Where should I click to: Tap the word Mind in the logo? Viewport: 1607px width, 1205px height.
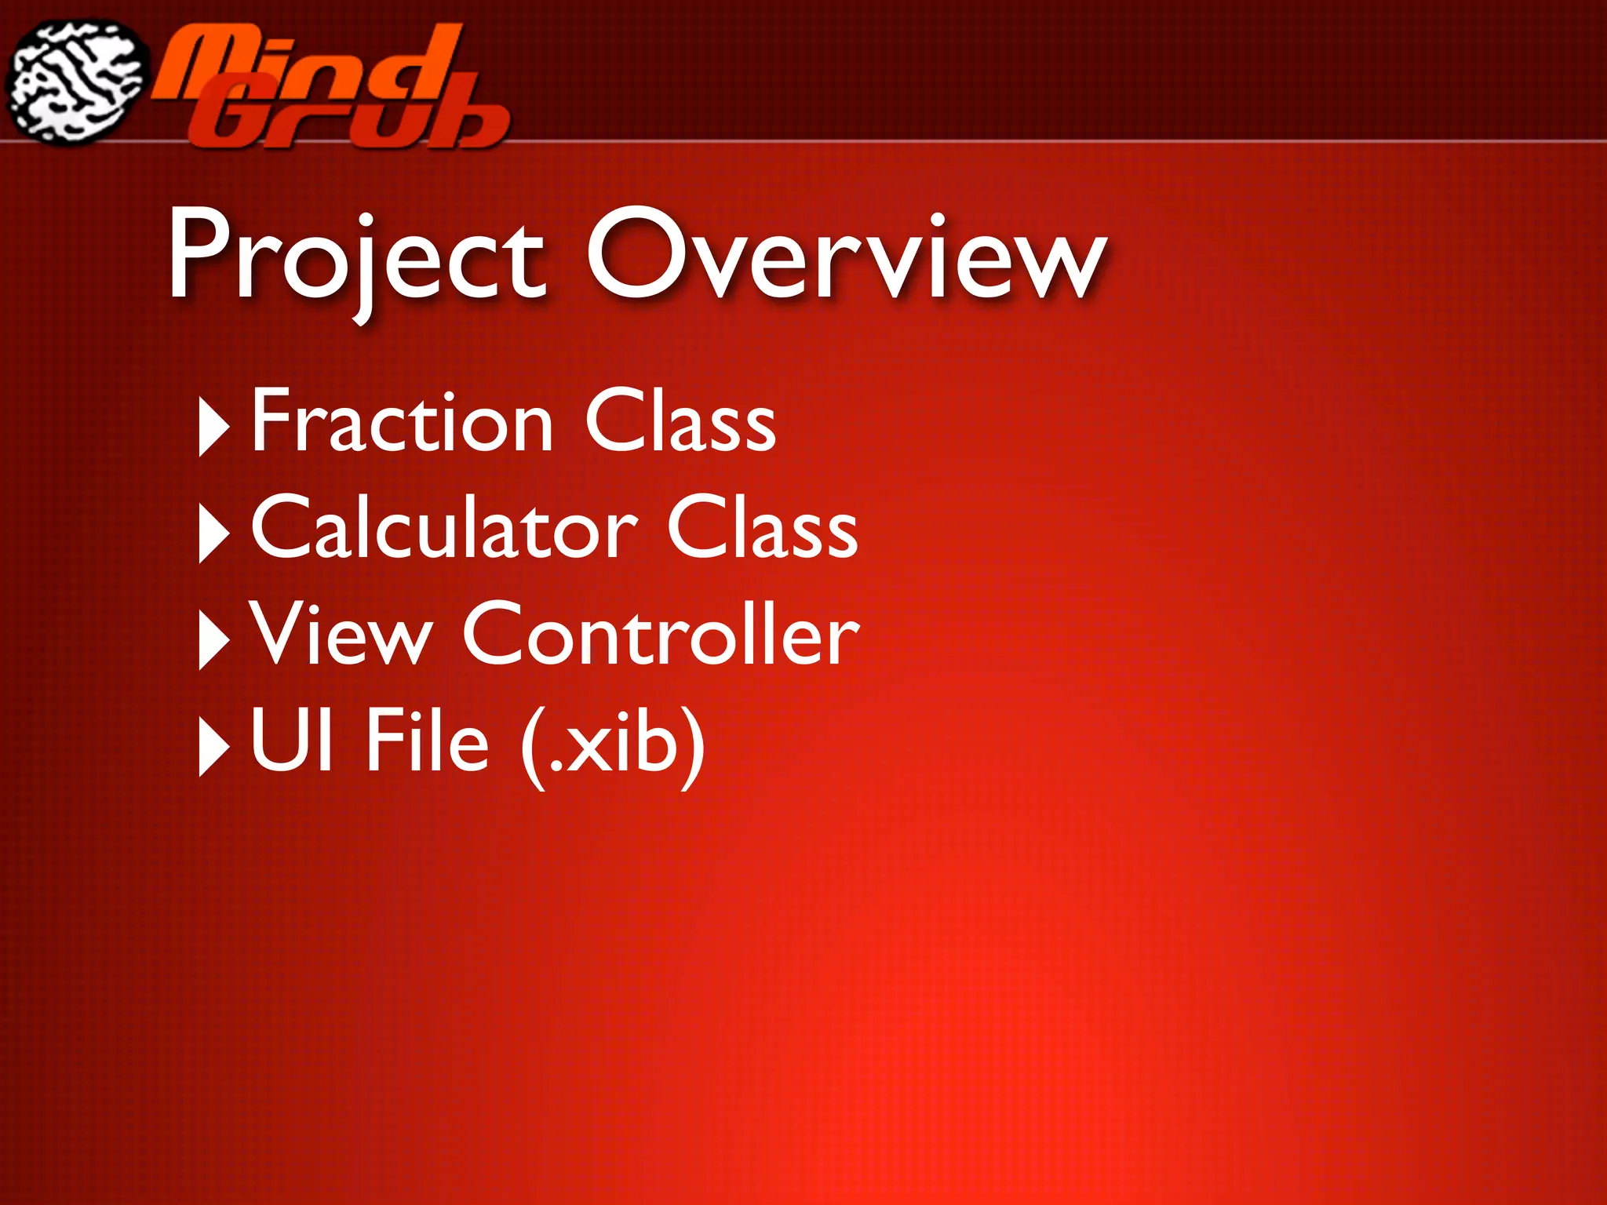click(x=306, y=67)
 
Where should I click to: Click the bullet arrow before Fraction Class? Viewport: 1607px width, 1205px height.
click(x=213, y=427)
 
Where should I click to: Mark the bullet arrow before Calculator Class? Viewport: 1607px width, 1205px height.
click(x=213, y=533)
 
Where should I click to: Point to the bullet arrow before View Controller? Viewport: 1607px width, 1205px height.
click(x=213, y=640)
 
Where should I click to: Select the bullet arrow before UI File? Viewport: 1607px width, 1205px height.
click(x=213, y=747)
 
